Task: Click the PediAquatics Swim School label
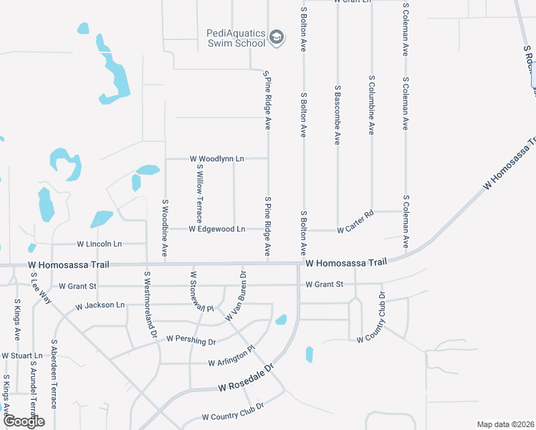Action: [236, 37]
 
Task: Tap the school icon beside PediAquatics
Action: [277, 37]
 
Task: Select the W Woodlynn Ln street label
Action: [216, 158]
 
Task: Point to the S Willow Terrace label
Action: [200, 192]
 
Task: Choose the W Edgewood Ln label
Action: [216, 229]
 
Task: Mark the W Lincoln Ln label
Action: [99, 244]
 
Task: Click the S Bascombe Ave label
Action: [337, 115]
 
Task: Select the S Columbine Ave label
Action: [371, 105]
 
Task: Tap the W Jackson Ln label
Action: [100, 305]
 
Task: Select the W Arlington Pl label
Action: [231, 358]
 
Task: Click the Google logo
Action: [24, 421]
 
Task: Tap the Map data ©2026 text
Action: [505, 424]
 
